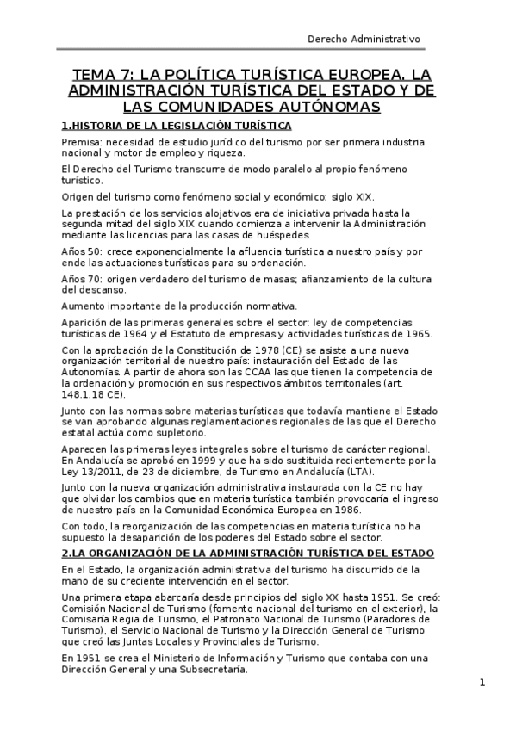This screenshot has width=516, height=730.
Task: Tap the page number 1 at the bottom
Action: pos(483,684)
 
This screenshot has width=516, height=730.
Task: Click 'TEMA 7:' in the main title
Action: pos(100,74)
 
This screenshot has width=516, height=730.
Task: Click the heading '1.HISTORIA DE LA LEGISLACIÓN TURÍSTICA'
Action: pos(164,126)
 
